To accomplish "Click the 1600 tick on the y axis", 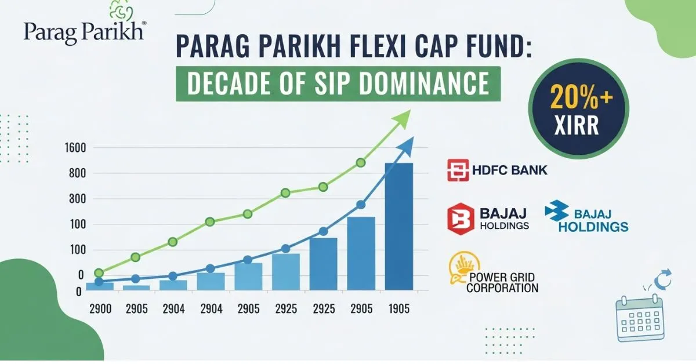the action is point(75,148).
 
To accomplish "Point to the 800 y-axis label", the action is point(77,173).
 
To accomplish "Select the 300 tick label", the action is point(77,199).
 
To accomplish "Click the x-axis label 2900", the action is point(100,309).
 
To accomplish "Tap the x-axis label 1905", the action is point(399,309).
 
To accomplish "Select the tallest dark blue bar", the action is point(399,227).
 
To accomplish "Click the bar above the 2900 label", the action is point(100,286).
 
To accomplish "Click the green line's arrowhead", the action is point(402,119).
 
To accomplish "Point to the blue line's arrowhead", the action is point(405,147).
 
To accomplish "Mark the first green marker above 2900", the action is point(99,273).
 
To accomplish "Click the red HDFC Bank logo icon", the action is point(458,170).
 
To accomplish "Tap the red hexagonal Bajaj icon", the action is point(461,219).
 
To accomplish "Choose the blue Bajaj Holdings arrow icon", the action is point(556,210).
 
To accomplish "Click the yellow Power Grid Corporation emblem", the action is point(463,268).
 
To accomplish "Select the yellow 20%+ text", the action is point(581,97).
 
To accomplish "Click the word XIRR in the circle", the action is point(577,125).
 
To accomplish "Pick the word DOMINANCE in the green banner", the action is point(425,83).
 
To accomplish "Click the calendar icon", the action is point(640,318).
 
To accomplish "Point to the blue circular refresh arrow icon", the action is point(663,279).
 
